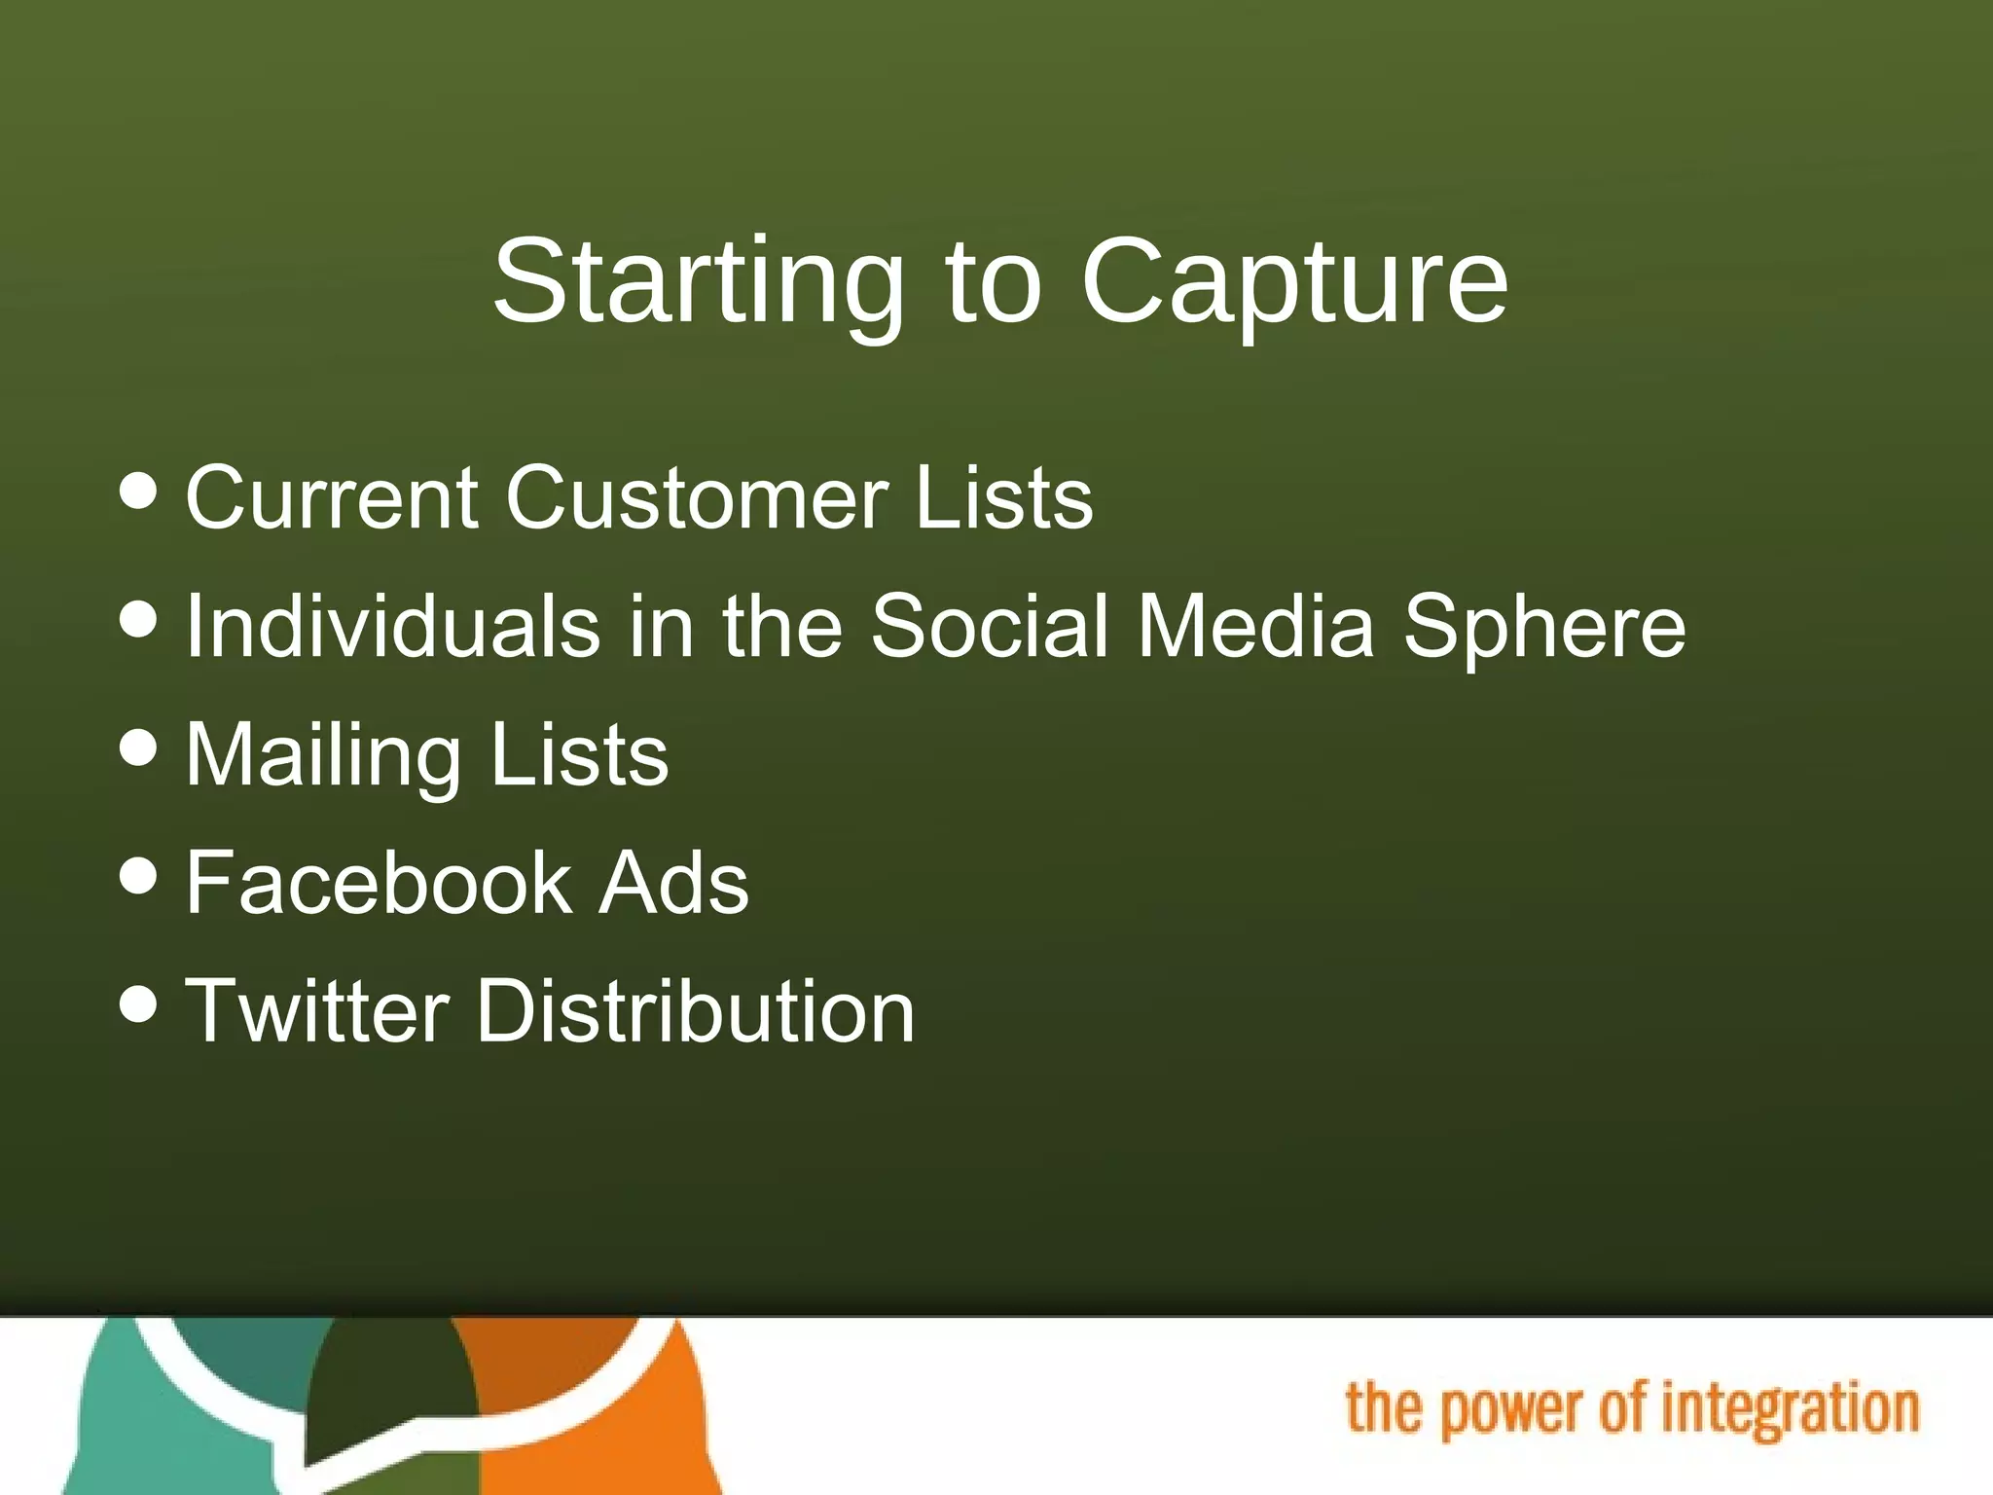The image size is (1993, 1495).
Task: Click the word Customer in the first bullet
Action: tap(696, 497)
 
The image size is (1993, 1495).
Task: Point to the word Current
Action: tap(331, 497)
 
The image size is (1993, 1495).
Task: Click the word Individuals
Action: tap(392, 626)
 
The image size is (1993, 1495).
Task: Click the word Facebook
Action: tap(378, 883)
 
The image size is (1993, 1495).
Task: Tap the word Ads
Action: tap(673, 883)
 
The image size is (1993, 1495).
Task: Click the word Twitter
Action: tap(317, 1011)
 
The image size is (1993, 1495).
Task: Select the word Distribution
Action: tap(695, 1011)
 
